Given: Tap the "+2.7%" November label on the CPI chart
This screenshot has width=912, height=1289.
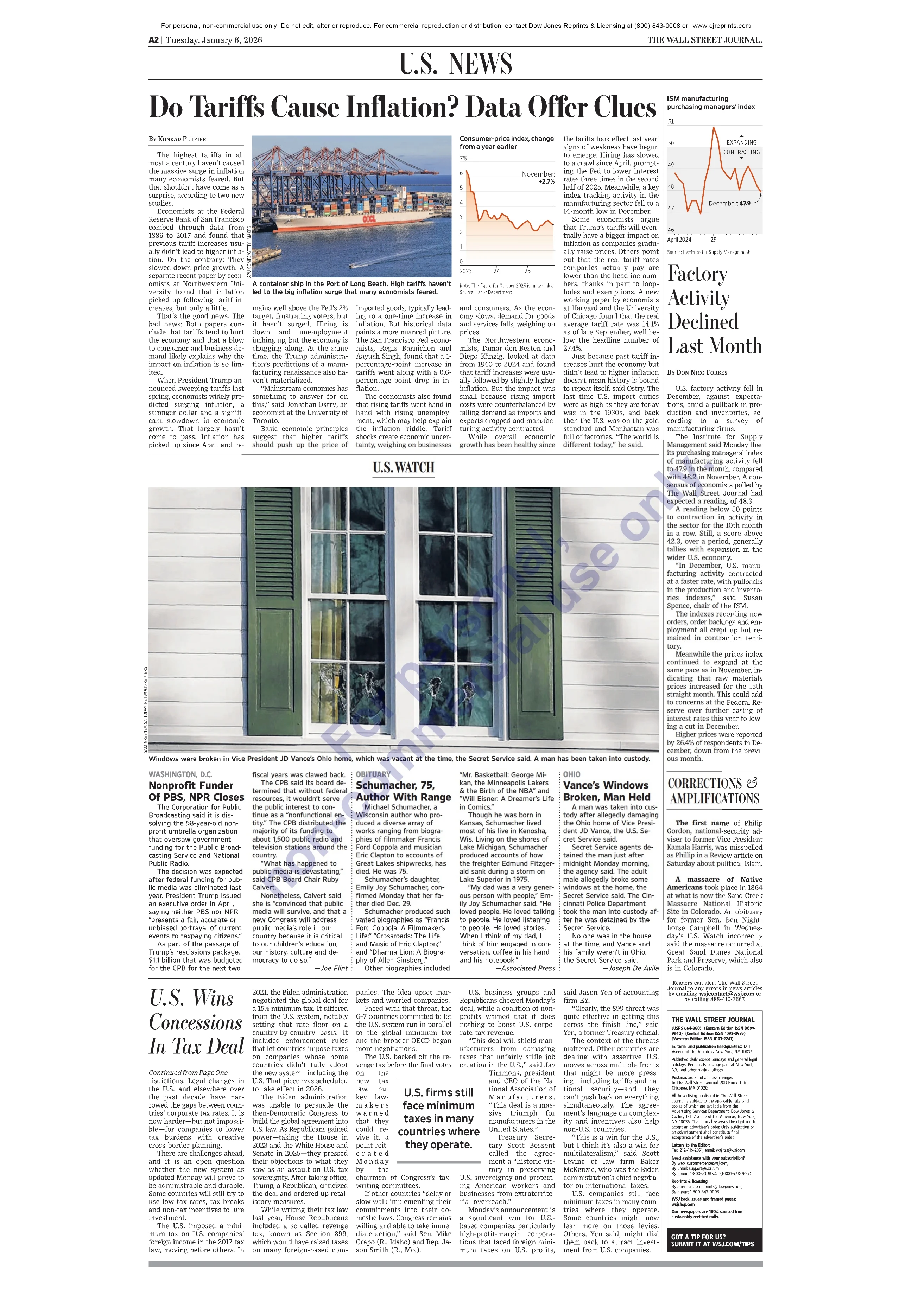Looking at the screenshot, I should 546,182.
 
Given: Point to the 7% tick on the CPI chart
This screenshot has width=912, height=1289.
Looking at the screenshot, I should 463,158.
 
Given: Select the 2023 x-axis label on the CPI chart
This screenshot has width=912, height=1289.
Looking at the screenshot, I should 465,271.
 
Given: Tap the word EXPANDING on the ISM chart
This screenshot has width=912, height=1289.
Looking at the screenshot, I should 741,142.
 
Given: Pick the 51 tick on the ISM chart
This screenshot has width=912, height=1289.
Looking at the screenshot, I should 671,121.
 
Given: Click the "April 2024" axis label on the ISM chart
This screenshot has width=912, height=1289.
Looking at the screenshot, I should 679,240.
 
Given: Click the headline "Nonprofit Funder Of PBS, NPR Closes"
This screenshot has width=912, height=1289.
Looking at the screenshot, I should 196,792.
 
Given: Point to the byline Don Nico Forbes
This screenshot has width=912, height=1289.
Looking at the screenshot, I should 697,372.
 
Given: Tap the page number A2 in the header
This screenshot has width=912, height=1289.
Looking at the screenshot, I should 153,40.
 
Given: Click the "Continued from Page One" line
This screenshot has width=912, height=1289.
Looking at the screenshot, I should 188,1073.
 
